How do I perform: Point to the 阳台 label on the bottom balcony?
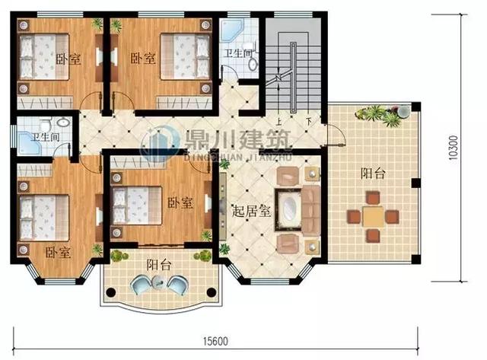point(158,265)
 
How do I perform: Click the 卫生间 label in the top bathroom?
point(238,54)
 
